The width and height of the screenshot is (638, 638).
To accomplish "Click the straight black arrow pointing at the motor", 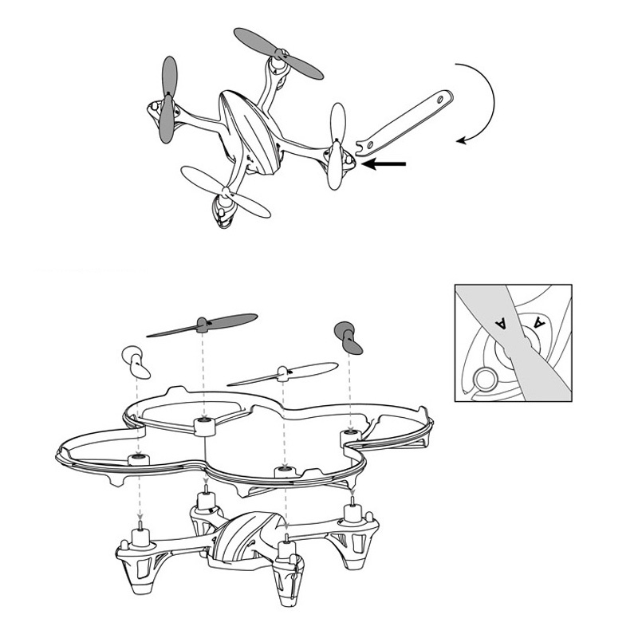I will [386, 164].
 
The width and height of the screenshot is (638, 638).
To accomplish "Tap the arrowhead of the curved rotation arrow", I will [462, 140].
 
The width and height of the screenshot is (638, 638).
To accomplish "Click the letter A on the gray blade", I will [501, 322].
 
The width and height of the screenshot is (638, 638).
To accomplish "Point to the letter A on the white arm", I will [539, 323].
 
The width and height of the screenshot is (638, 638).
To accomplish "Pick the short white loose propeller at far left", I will [136, 362].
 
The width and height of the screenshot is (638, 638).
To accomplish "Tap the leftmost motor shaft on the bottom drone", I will [141, 530].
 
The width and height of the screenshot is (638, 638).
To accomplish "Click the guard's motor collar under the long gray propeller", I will [205, 425].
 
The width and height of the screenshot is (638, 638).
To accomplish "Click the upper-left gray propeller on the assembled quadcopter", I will [168, 100].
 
